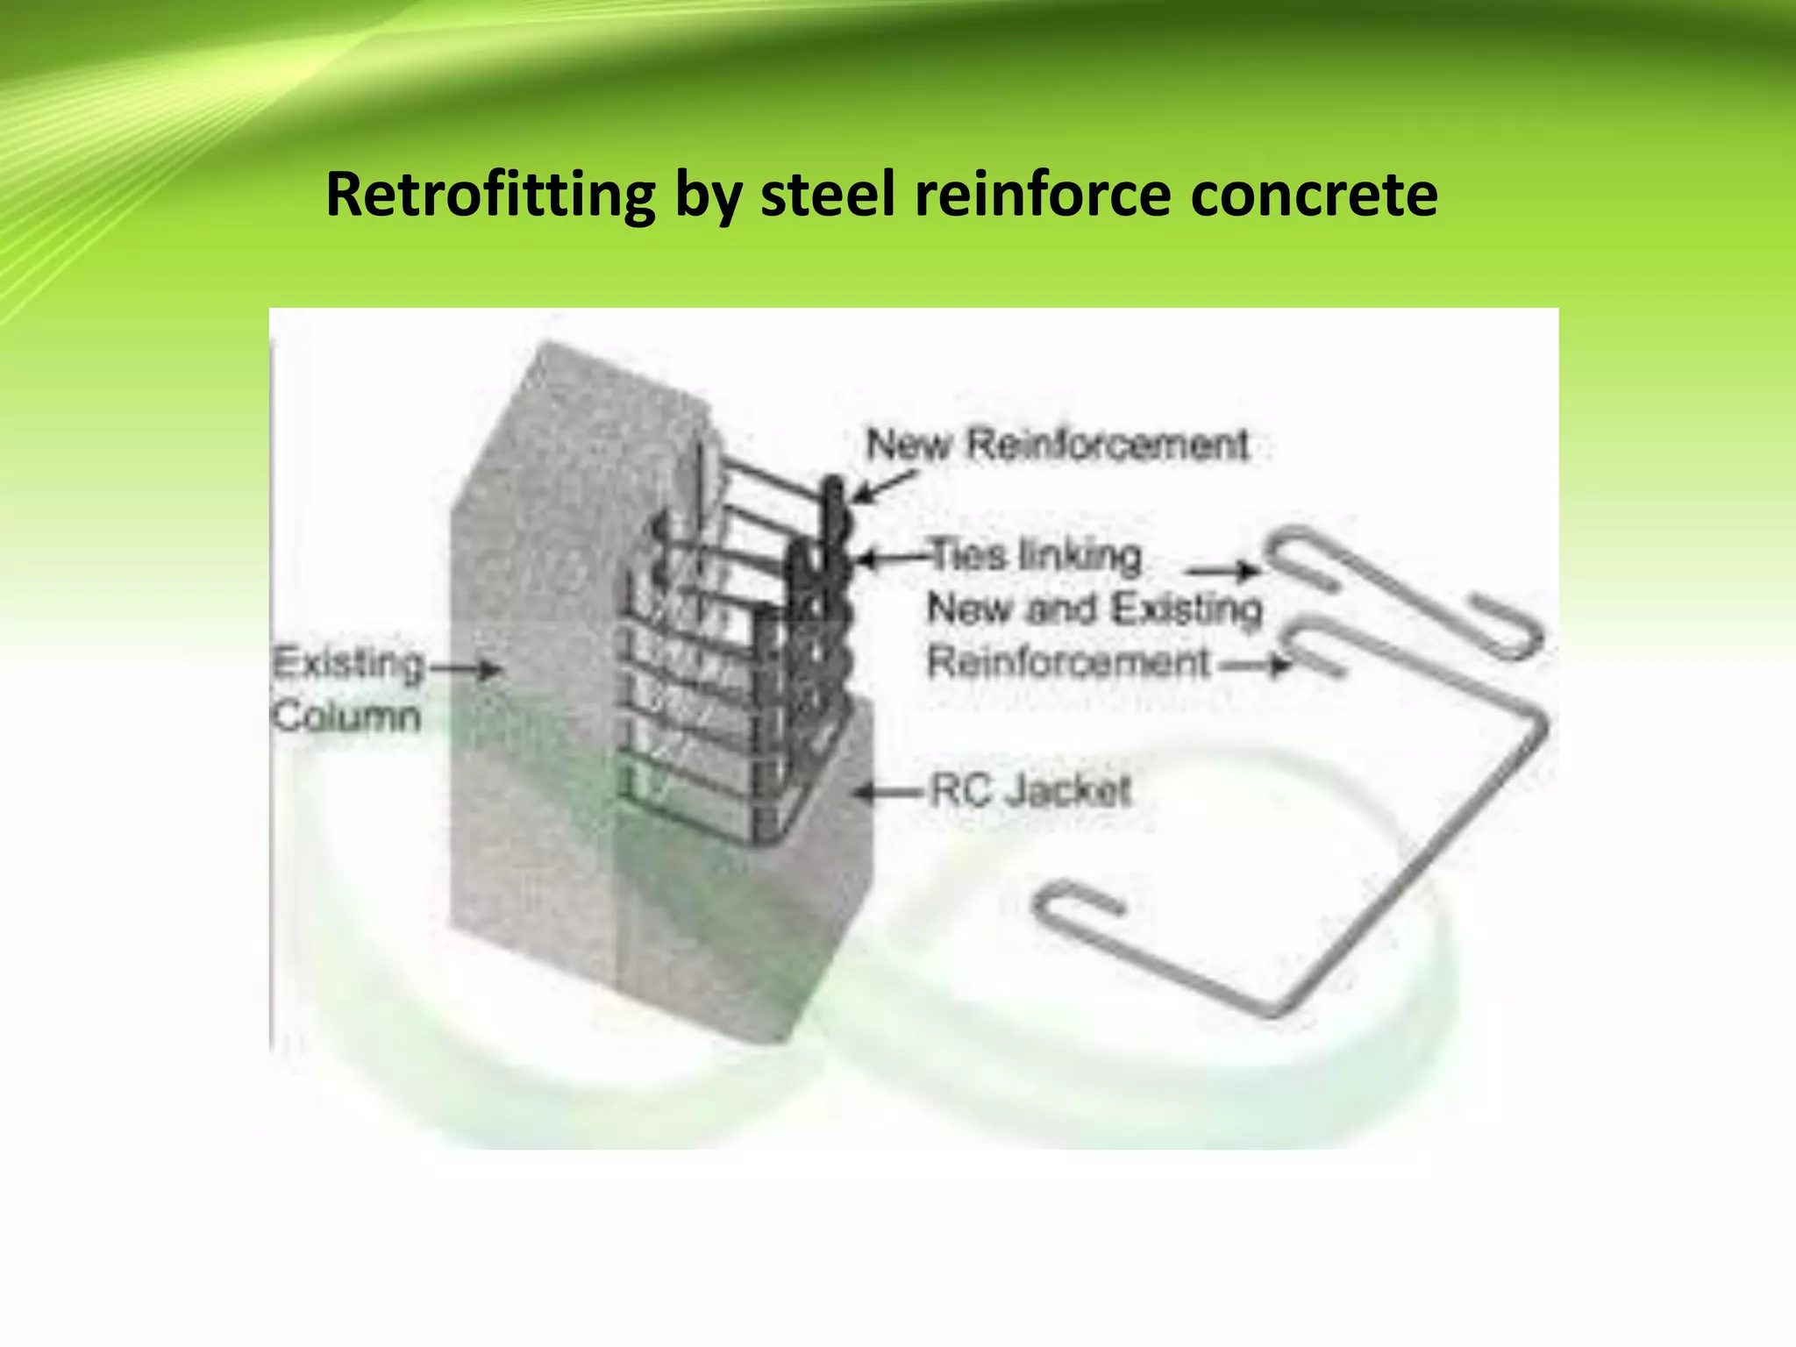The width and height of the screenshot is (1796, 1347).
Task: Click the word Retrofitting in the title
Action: tap(490, 195)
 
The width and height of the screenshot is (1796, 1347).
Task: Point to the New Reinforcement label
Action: tap(1057, 445)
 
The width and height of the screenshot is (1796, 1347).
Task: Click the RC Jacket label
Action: tap(1030, 791)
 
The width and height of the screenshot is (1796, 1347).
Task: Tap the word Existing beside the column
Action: tap(348, 664)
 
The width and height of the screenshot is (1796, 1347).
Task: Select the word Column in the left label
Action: tap(346, 717)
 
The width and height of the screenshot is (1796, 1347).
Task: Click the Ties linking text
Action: tap(1035, 556)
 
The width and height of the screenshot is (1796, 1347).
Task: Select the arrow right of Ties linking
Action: tap(1222, 572)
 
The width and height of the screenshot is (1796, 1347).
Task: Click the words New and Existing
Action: tap(1094, 609)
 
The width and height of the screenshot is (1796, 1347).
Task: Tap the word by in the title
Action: tap(708, 195)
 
